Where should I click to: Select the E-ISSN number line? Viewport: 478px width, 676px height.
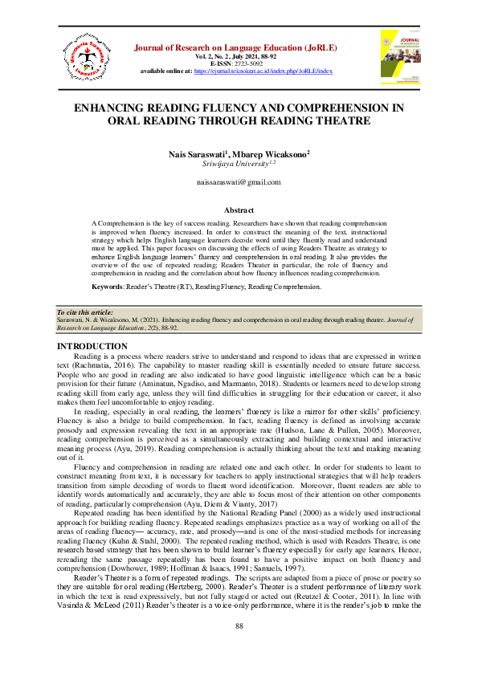click(x=238, y=63)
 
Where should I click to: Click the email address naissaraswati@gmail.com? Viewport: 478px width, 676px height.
click(x=239, y=183)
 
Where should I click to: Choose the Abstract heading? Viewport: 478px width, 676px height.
click(x=239, y=210)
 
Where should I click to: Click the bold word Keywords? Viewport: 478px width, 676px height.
click(x=107, y=287)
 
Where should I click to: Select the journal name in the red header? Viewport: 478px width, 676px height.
click(x=238, y=47)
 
